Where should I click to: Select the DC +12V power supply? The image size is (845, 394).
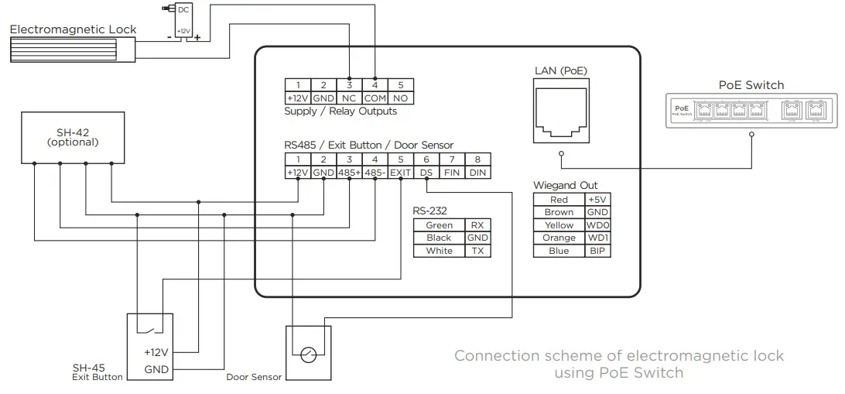tap(183, 21)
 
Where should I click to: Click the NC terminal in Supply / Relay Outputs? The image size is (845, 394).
tap(349, 98)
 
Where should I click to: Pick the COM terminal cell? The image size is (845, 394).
tap(375, 98)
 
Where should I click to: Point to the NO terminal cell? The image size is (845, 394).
tap(400, 98)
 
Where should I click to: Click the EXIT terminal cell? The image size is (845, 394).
tap(400, 173)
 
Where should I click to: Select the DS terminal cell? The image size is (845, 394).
tap(426, 173)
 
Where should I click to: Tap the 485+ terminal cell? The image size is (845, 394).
tap(349, 173)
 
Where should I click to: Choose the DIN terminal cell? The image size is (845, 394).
tap(477, 173)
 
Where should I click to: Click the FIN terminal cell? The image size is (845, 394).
tap(452, 173)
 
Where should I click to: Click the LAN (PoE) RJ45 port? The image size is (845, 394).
tap(560, 113)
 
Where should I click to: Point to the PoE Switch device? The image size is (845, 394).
tap(751, 112)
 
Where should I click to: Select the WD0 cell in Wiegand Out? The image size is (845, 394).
tap(596, 225)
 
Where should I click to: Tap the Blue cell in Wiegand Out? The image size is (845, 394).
tap(559, 251)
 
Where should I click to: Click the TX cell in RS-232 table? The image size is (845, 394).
tap(477, 251)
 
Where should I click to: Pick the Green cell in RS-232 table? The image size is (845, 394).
tap(439, 225)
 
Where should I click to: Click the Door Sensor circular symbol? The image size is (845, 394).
tap(309, 355)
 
